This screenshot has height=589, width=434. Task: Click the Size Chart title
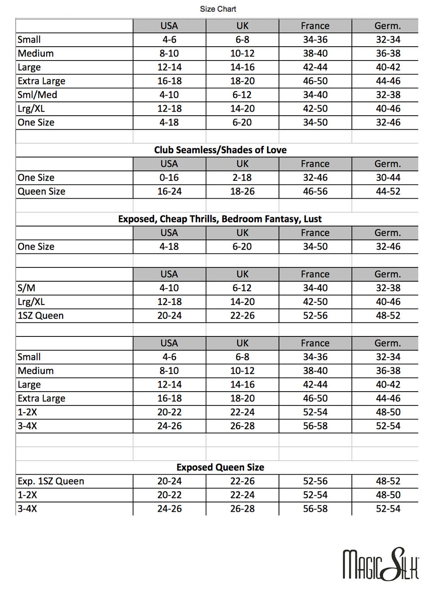click(218, 9)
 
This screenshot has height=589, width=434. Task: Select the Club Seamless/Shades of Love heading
click(220, 150)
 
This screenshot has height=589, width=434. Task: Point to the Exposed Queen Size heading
click(220, 467)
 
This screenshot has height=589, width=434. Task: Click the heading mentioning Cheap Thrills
click(220, 219)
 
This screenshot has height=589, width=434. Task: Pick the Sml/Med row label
click(37, 95)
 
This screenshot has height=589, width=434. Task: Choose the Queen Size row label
click(41, 192)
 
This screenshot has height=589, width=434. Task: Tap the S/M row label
click(27, 288)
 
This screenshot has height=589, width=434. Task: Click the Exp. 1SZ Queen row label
click(51, 481)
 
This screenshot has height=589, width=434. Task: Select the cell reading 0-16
click(169, 178)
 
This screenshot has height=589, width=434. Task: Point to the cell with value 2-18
click(242, 178)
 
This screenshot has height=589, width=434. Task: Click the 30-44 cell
click(388, 178)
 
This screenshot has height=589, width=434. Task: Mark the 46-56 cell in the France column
click(315, 192)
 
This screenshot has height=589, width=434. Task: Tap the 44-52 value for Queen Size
click(388, 192)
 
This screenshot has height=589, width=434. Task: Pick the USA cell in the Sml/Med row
click(169, 95)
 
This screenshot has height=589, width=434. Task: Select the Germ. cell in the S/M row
click(388, 288)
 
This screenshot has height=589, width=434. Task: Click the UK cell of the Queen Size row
click(242, 192)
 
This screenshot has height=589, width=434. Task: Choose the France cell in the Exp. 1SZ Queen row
click(315, 481)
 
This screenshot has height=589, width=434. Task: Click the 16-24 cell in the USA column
click(169, 192)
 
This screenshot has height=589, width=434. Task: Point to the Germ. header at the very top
click(388, 26)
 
